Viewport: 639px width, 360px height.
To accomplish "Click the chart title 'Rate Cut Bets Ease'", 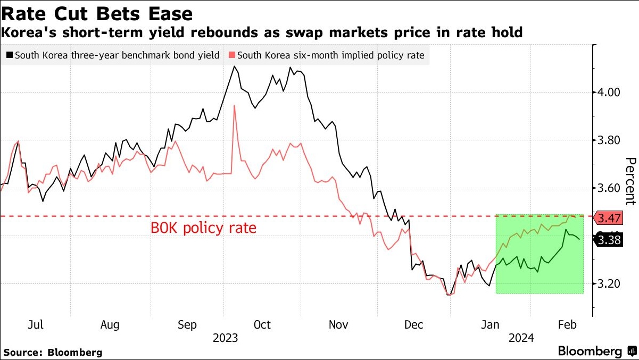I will tap(97, 13).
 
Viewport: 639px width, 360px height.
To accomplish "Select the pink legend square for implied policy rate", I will tap(231, 55).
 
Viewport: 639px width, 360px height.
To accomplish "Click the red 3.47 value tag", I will tap(608, 219).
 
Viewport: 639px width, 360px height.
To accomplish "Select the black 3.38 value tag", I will tap(608, 240).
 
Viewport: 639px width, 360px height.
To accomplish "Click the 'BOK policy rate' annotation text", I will tap(204, 229).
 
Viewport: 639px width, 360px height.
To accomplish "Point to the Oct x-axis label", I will tap(262, 325).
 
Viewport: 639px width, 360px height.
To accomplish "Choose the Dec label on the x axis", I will tap(413, 325).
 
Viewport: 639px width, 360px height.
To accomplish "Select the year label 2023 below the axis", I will tap(225, 338).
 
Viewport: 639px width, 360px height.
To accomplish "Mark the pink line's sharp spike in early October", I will tap(234, 106).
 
